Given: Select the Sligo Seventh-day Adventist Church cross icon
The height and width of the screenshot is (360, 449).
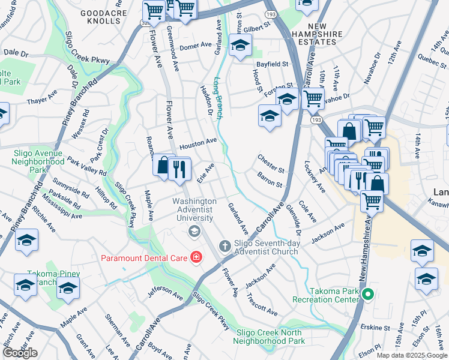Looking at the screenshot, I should point(224,245).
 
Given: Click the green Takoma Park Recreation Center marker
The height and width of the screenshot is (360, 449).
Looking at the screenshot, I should point(369,294).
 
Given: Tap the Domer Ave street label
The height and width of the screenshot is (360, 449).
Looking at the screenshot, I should point(196,46).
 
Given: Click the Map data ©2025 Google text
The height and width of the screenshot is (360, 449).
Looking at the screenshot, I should point(412,355).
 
